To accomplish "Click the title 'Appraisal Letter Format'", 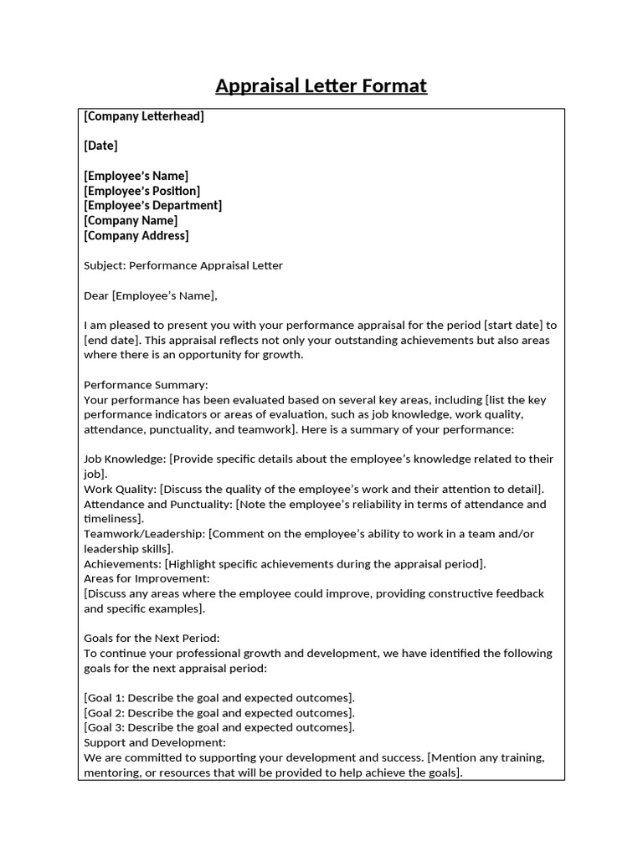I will [321, 85].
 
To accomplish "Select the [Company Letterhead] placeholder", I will [144, 116].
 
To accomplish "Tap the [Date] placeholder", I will [101, 146].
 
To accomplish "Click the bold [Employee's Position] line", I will [142, 191].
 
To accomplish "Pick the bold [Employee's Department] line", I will [153, 206].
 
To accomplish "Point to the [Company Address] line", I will [136, 236].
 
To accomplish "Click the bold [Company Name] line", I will [131, 221].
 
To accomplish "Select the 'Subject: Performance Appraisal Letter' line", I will [183, 266].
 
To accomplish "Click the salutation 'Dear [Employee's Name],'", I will [151, 295].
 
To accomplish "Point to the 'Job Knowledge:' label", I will [125, 459].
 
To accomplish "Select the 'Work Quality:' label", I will [121, 489].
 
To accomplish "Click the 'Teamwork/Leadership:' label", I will [144, 534].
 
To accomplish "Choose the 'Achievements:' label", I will [124, 564].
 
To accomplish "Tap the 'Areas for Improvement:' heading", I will [147, 578].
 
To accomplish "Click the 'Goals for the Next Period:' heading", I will [152, 638].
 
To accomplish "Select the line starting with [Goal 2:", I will [219, 713].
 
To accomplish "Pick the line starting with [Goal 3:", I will [219, 728].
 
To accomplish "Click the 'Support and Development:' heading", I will [155, 742].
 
